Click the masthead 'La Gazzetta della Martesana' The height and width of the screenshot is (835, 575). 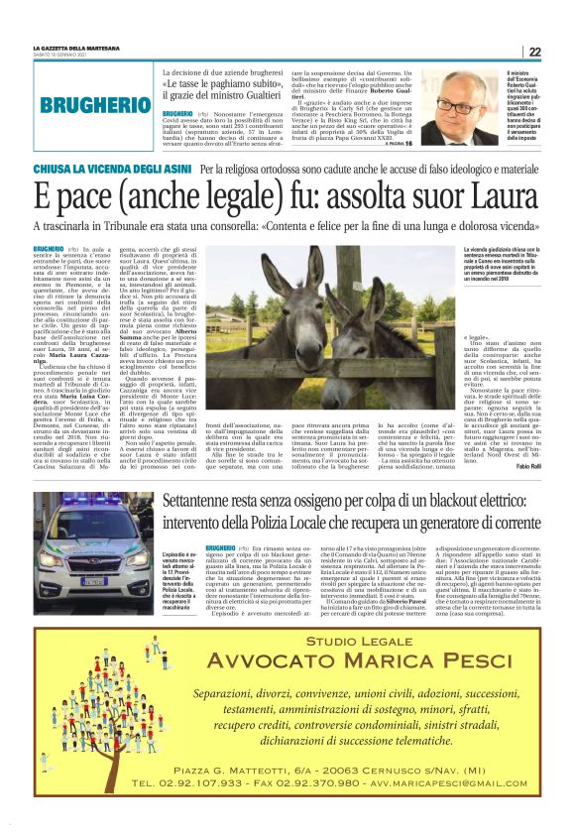click(x=76, y=47)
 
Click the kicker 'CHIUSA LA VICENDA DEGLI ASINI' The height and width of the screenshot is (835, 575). click(x=110, y=171)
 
